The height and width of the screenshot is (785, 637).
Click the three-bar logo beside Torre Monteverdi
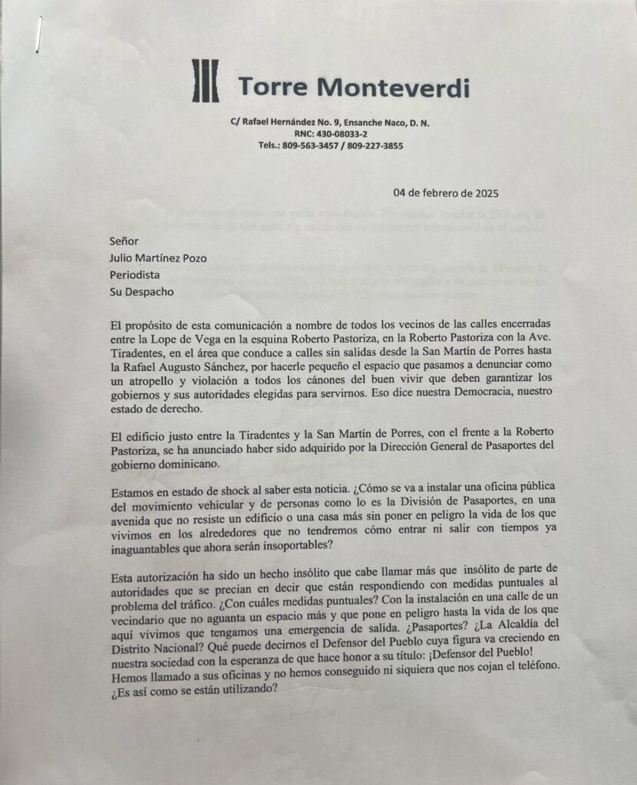coord(205,81)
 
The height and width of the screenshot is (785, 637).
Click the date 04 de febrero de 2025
coord(446,193)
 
